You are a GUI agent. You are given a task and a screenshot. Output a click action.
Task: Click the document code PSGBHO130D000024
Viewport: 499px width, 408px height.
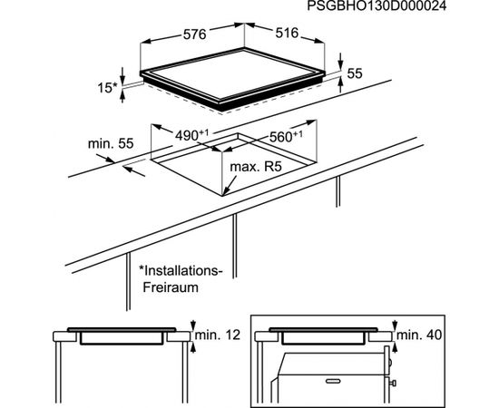(377, 5)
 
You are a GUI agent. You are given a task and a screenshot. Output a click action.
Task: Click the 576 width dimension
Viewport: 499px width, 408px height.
(195, 34)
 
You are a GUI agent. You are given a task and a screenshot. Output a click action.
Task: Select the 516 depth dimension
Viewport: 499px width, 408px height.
(287, 33)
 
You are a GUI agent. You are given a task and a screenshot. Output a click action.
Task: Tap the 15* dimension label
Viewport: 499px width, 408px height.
(107, 88)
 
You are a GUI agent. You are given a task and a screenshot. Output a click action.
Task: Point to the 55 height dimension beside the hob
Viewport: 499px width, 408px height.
(355, 73)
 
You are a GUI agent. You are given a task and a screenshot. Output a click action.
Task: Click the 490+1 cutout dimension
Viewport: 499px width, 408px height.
(191, 135)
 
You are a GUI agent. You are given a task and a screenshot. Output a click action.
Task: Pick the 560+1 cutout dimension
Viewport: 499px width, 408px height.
(286, 136)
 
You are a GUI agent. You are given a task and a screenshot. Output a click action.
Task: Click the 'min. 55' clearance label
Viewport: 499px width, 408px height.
(111, 143)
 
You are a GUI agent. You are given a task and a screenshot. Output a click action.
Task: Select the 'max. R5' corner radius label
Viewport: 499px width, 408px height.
(256, 166)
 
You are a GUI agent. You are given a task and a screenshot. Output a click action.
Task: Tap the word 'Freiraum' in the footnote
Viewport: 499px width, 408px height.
(171, 287)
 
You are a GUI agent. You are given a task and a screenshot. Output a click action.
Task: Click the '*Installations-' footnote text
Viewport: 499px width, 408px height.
(181, 271)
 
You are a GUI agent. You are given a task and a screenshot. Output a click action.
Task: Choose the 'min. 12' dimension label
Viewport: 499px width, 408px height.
(218, 335)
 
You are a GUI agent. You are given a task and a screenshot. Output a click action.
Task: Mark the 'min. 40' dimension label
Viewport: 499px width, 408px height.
(419, 335)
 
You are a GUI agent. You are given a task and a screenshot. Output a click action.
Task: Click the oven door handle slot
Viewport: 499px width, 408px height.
(333, 381)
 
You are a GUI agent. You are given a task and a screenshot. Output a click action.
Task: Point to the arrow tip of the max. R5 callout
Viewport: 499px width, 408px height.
(223, 194)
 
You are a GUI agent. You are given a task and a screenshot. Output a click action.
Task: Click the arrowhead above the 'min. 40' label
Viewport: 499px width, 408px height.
(395, 326)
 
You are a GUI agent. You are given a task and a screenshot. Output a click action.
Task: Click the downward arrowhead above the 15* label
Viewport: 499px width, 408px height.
(122, 77)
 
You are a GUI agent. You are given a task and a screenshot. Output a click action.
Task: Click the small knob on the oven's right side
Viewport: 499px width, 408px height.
(393, 384)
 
